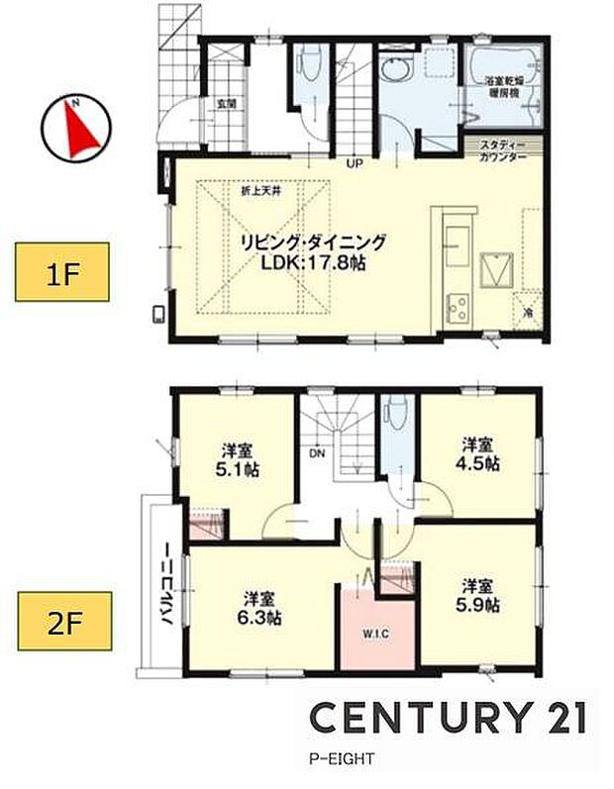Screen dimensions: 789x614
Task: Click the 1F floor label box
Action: [61, 273]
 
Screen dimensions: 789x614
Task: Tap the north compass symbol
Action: [74, 128]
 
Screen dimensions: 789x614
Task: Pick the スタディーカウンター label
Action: [504, 149]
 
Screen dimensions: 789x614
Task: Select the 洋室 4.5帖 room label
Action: [478, 453]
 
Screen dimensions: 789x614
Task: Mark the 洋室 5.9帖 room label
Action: [478, 594]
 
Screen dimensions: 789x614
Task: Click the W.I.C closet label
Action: [373, 633]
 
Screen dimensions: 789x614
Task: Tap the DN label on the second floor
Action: [317, 452]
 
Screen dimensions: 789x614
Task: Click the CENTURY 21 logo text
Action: [448, 716]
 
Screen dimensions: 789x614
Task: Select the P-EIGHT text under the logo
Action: [338, 761]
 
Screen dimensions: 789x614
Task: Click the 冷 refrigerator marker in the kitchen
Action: [527, 312]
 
